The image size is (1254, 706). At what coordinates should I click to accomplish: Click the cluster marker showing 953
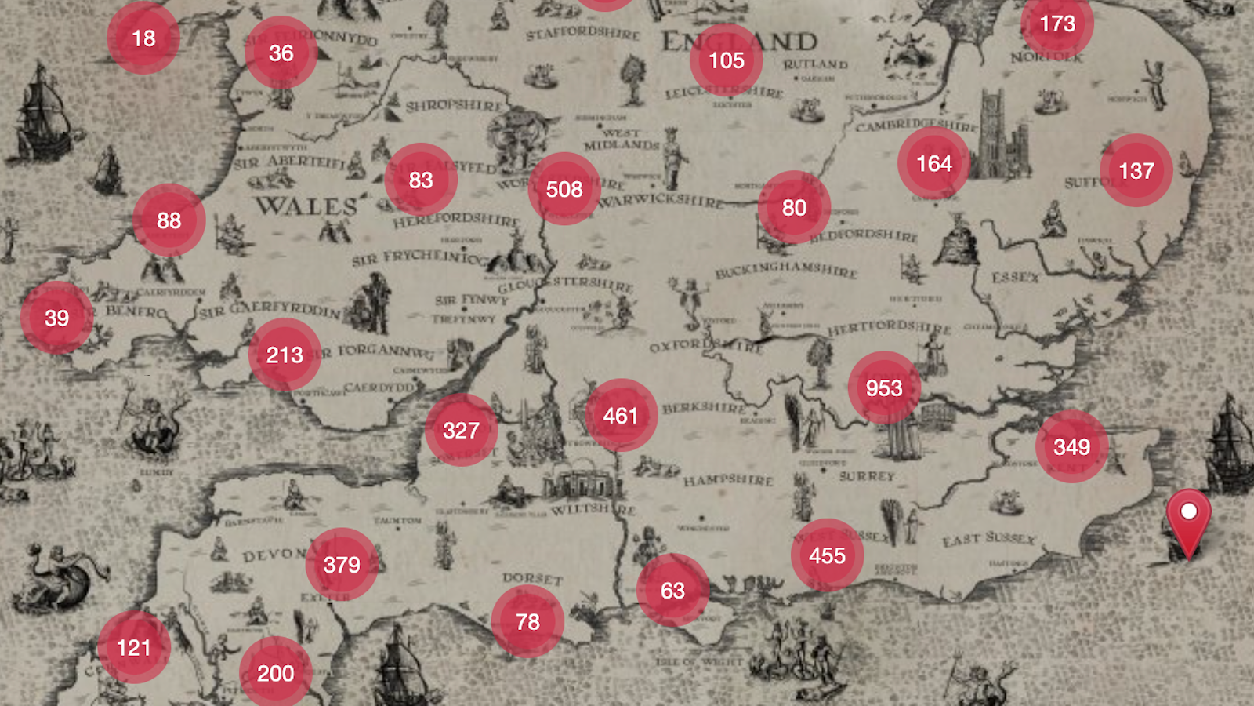click(884, 388)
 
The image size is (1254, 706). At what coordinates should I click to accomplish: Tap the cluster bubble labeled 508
click(564, 189)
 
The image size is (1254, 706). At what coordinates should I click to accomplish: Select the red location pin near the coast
click(1188, 518)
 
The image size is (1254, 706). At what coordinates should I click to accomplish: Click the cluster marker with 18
click(143, 38)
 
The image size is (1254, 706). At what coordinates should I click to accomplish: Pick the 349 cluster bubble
click(1071, 446)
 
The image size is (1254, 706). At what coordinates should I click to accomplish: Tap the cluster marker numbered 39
click(56, 318)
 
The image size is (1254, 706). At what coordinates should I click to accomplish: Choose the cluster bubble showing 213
click(285, 355)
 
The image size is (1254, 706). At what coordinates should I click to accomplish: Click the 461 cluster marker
click(621, 415)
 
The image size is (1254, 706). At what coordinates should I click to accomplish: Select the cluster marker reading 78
click(527, 621)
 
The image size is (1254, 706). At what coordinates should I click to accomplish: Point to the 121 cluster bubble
click(133, 647)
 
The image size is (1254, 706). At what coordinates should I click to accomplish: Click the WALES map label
click(306, 206)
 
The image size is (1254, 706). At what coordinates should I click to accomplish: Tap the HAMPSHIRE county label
click(728, 479)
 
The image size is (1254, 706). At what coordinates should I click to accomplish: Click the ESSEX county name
click(1015, 278)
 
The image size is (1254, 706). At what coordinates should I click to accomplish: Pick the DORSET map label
click(533, 578)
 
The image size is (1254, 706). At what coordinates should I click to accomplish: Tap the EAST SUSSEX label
click(989, 539)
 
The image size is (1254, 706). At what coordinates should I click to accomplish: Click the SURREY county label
click(867, 476)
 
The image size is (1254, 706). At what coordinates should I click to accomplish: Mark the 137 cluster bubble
click(1136, 170)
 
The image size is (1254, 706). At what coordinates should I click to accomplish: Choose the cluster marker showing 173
click(1057, 24)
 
